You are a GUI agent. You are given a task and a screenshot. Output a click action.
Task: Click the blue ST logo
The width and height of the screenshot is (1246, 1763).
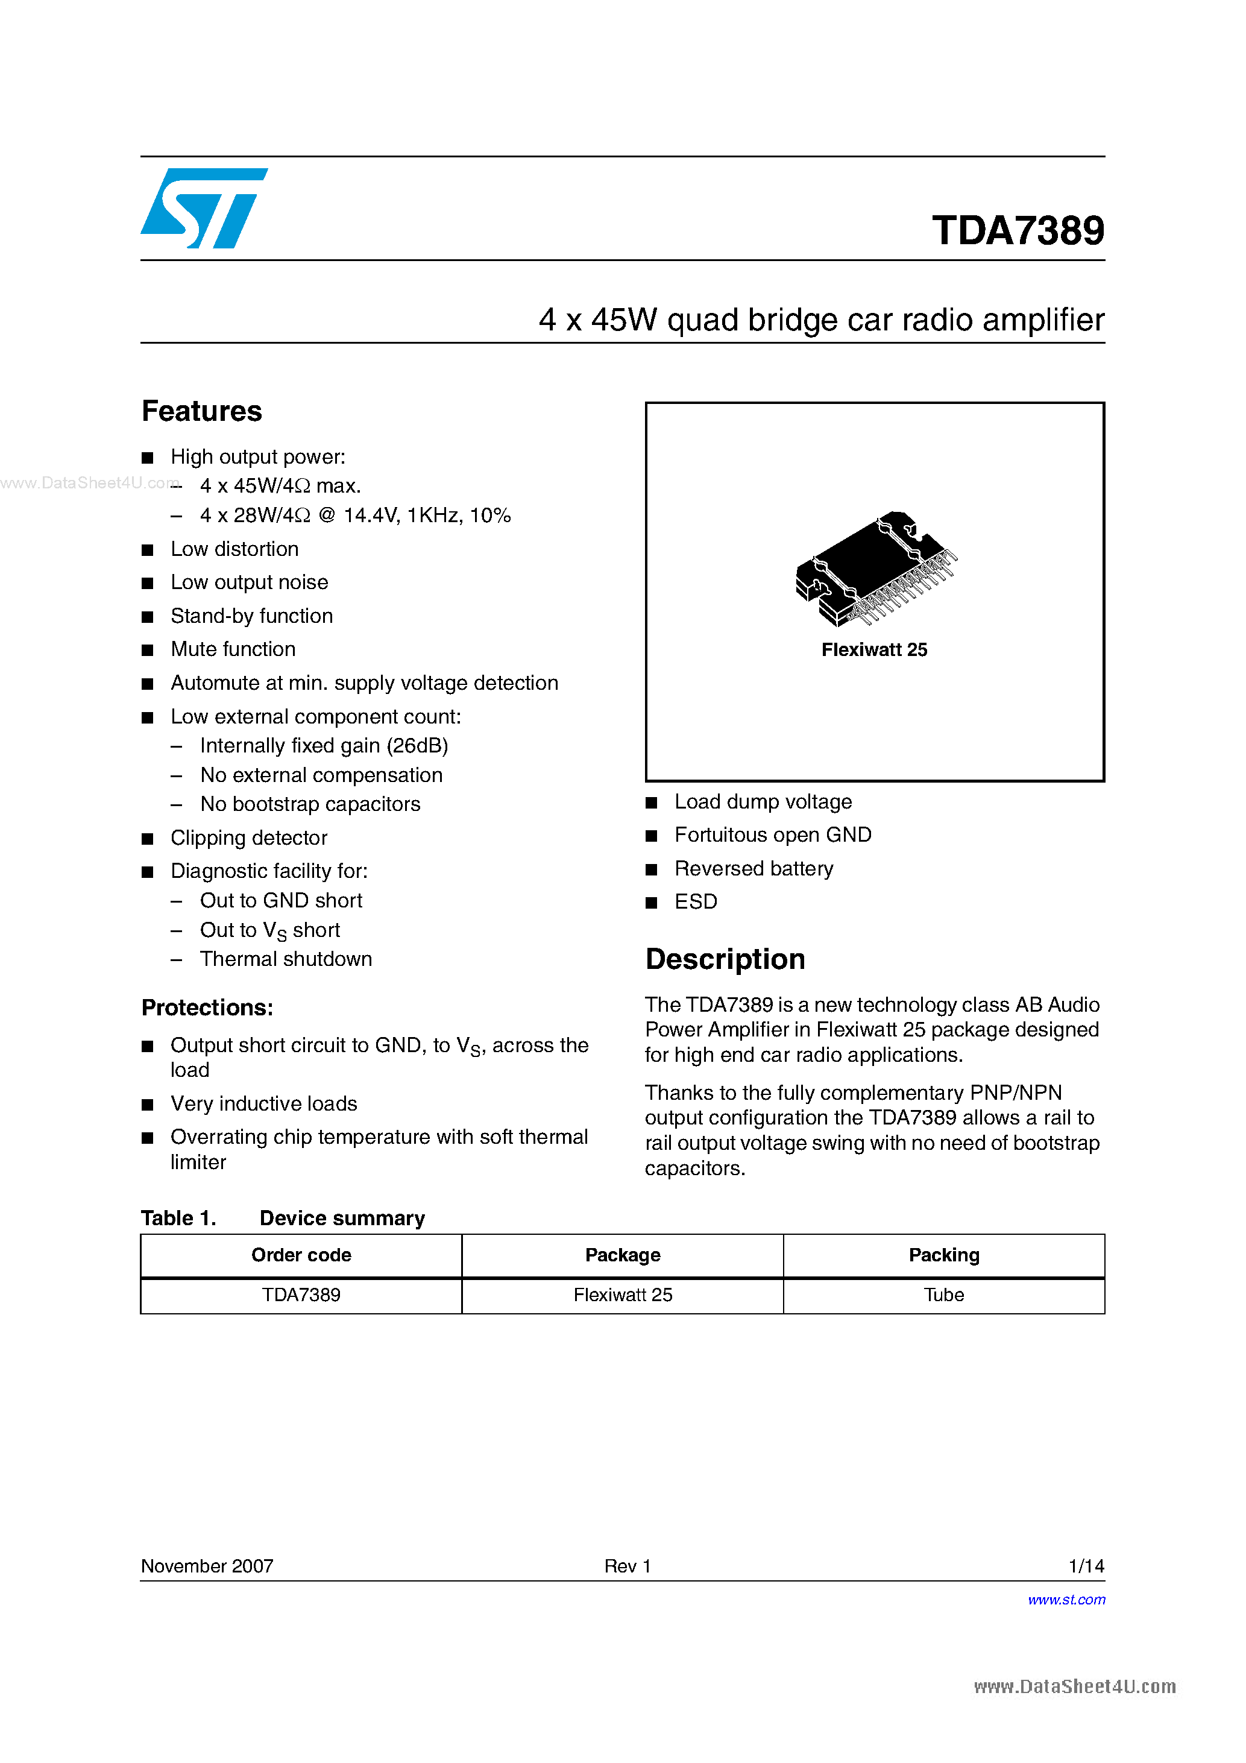click(x=203, y=208)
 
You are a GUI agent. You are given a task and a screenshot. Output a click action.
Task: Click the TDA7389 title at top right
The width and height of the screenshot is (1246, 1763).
click(x=1018, y=230)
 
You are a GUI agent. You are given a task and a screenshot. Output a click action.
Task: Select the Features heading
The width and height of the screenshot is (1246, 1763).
click(x=202, y=412)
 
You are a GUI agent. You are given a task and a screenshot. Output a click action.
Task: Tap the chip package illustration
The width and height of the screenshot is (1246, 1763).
click(x=875, y=568)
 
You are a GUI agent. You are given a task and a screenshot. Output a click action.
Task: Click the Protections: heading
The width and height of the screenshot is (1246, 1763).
click(x=207, y=1008)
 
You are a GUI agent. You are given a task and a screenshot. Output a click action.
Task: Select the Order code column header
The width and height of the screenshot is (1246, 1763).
click(x=301, y=1255)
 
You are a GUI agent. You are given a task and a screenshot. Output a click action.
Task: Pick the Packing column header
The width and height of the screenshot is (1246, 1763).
click(x=943, y=1255)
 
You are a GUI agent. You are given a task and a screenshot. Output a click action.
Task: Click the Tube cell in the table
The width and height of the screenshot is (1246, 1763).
click(x=943, y=1295)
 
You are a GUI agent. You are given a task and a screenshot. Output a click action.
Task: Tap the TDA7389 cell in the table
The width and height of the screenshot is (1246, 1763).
click(x=301, y=1295)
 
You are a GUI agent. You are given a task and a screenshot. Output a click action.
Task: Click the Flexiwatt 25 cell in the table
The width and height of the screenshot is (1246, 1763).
click(x=623, y=1295)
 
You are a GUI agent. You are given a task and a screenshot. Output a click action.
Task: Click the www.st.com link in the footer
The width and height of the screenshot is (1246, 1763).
click(x=1066, y=1600)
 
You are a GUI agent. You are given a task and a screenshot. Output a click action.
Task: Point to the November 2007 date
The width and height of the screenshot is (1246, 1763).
click(x=207, y=1566)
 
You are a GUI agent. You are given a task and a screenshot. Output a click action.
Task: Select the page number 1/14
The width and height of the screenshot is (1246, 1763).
click(x=1086, y=1566)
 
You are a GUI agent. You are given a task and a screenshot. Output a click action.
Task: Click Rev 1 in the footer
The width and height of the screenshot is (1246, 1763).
click(x=628, y=1566)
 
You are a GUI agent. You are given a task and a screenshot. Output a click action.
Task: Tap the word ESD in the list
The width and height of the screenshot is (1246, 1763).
click(x=696, y=901)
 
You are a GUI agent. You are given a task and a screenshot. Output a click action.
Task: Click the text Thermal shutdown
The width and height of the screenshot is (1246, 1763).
click(x=286, y=959)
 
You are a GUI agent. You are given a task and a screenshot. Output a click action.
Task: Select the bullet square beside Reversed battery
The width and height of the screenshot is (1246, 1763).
click(x=652, y=869)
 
